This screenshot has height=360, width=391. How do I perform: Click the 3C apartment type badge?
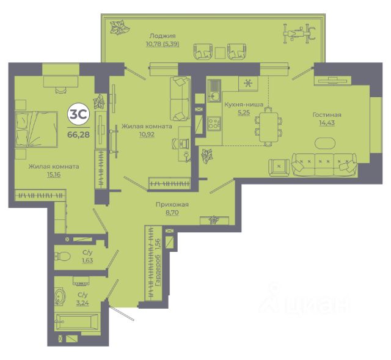tap(79, 114)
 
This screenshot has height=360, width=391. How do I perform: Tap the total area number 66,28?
tap(79, 134)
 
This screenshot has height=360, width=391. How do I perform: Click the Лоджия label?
tap(163, 35)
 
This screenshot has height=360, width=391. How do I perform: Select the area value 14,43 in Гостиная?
tap(327, 123)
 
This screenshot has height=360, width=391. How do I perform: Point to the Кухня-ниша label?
tap(244, 105)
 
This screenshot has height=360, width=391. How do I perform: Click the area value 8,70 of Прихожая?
tap(172, 213)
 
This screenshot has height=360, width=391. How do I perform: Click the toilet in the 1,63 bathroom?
tap(62, 256)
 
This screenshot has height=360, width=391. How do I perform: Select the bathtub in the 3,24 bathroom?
tap(77, 322)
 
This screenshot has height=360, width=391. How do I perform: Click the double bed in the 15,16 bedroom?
tap(37, 130)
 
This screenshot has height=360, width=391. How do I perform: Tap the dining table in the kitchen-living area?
tap(269, 127)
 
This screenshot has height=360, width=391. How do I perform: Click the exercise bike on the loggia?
tap(299, 32)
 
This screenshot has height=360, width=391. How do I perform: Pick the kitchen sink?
tap(214, 90)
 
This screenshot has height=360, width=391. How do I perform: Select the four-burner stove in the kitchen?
tap(214, 123)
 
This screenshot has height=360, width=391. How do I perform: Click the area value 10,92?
tap(147, 134)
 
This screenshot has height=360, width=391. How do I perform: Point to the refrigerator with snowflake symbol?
tap(248, 84)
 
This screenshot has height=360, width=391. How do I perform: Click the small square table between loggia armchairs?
tap(220, 53)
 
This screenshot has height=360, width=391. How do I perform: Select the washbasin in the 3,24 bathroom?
tap(60, 296)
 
